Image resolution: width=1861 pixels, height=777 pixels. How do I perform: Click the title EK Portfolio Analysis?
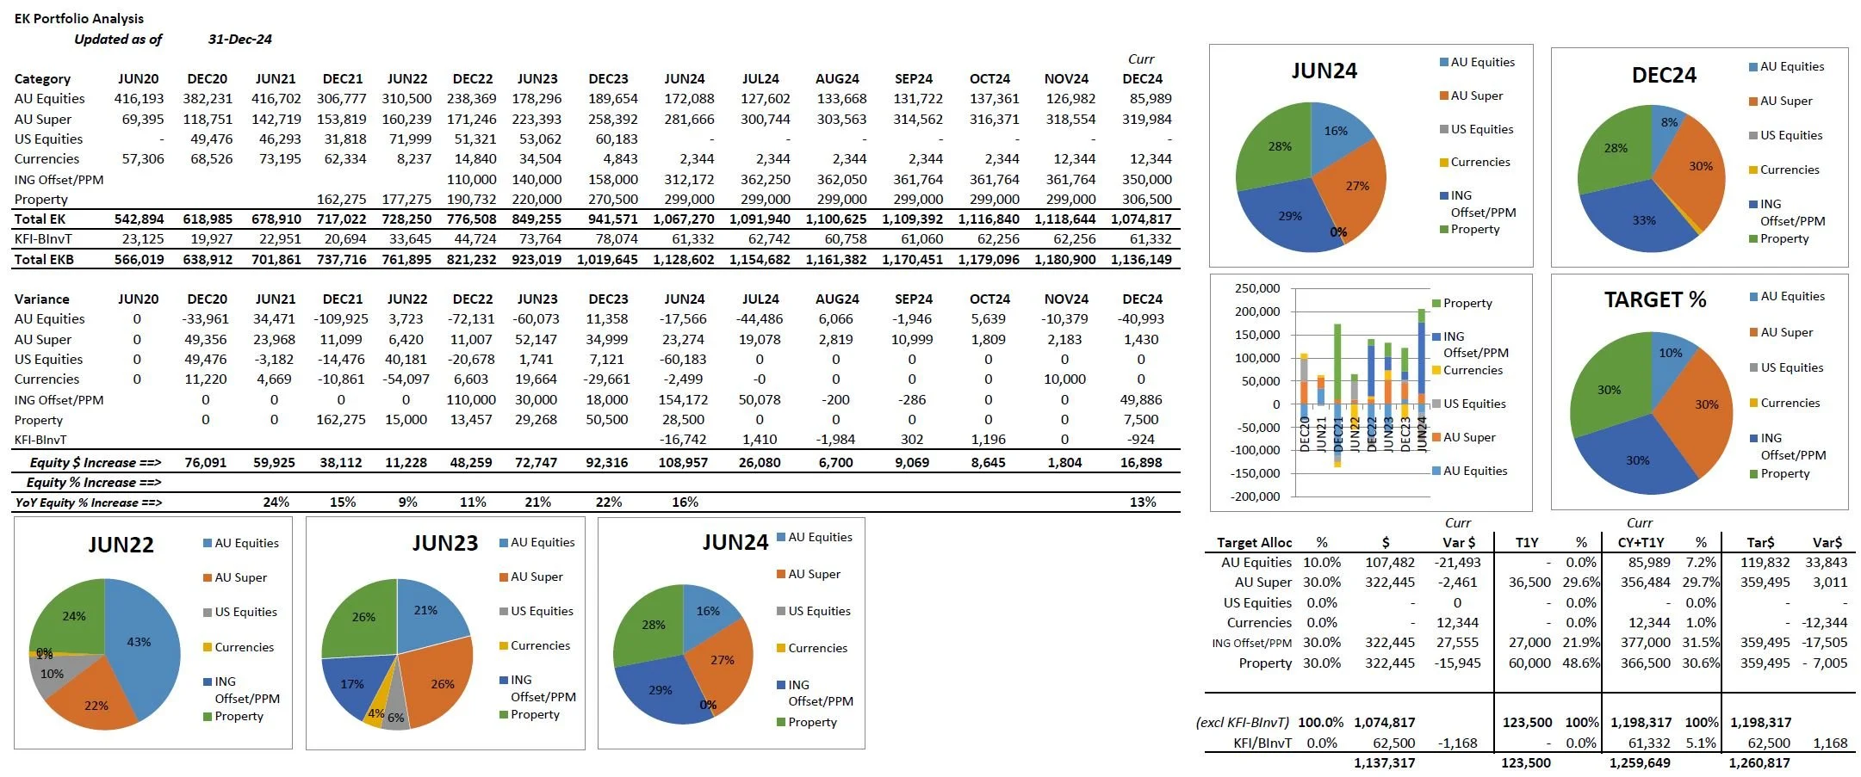79,18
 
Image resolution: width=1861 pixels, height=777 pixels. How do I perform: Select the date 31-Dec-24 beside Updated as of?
239,39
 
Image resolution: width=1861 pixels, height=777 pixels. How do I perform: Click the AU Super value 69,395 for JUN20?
143,119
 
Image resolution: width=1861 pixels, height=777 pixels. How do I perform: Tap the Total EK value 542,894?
139,219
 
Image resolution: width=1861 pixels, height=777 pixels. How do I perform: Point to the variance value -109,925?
342,318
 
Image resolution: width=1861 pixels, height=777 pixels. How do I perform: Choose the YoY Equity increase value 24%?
276,502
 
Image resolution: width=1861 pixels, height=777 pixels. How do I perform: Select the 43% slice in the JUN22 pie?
142,641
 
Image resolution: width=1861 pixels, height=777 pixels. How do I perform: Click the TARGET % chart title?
1654,299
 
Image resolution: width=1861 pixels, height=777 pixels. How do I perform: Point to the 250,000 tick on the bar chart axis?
1257,288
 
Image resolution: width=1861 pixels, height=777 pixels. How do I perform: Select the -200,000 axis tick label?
1255,496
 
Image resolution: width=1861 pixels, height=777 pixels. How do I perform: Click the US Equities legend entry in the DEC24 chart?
1790,135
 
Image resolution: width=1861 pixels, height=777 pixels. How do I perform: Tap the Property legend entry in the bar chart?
1467,303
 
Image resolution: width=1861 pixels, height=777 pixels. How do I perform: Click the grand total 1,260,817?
1759,762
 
